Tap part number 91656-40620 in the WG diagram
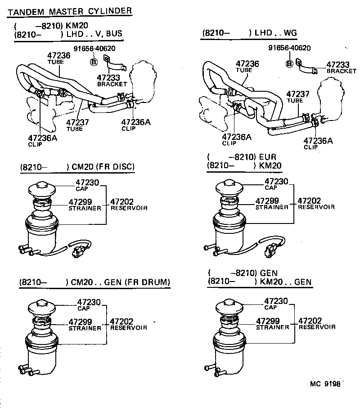coord(289,48)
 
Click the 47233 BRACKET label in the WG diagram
coord(341,67)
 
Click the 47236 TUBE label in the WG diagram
coord(247,67)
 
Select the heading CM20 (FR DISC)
coord(77,167)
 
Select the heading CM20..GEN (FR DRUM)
coord(94,282)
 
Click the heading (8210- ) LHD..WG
coord(250,33)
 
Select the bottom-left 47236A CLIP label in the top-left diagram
coord(42,140)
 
